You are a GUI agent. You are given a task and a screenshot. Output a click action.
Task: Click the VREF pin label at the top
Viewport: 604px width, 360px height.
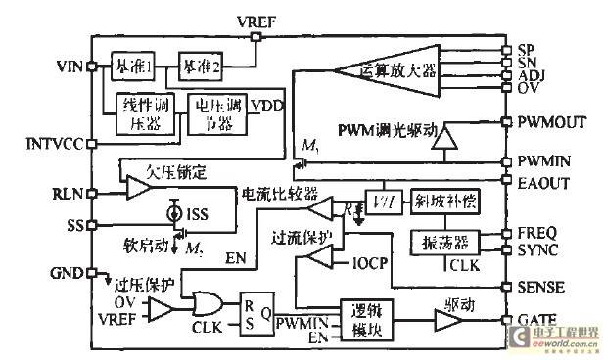click(x=257, y=21)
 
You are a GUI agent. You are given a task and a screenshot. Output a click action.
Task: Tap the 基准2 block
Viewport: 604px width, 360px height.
click(x=202, y=66)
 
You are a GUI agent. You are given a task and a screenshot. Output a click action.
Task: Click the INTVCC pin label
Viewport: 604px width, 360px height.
click(x=50, y=143)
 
